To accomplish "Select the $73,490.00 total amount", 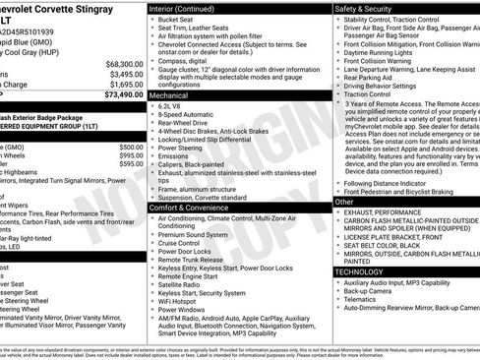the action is pyautogui.click(x=121, y=96).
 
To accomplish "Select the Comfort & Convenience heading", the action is pyautogui.click(x=193, y=209).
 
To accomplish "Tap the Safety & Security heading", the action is pyautogui.click(x=372, y=9).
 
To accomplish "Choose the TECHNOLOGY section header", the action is pyautogui.click(x=359, y=270).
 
